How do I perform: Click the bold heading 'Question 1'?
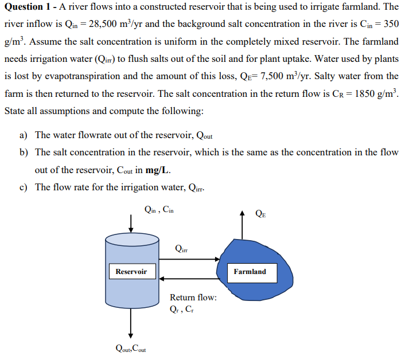click(28, 7)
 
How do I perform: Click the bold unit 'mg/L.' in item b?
click(158, 170)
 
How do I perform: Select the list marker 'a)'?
click(24, 135)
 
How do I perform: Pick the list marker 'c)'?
click(24, 187)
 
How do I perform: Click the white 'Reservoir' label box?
click(131, 271)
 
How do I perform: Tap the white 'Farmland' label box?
click(250, 271)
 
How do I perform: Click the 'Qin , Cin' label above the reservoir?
click(159, 210)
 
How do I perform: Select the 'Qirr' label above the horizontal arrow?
click(181, 248)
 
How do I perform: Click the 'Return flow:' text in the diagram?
click(193, 298)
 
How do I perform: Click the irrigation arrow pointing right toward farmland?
click(189, 259)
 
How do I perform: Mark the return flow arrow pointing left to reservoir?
click(189, 279)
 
